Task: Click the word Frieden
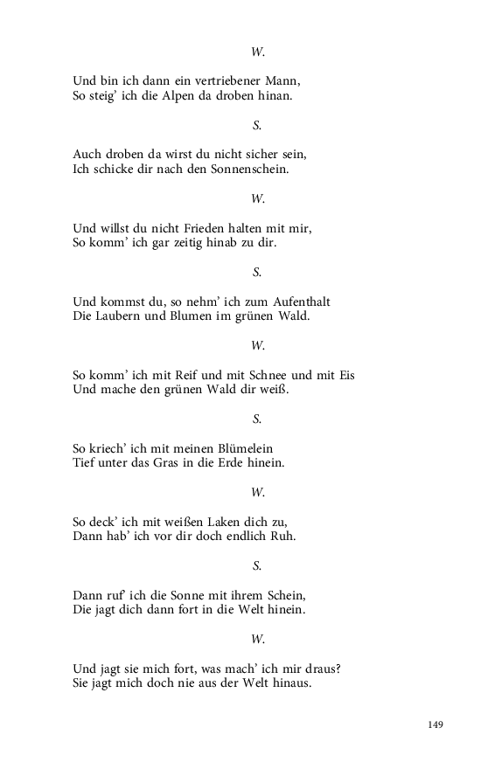click(x=194, y=228)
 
